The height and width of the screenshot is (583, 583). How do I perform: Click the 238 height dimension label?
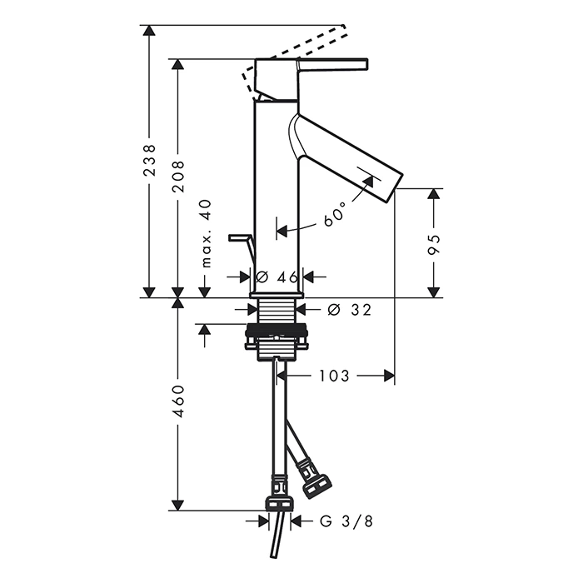point(149,160)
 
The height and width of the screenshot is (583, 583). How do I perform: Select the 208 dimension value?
point(178,177)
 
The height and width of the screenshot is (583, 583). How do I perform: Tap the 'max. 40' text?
point(206,233)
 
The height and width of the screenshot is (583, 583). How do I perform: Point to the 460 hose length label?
point(179,401)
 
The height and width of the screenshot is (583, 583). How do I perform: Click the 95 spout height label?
point(434,244)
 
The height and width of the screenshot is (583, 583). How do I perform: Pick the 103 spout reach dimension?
point(335,376)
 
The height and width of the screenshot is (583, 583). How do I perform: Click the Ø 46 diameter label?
point(277,277)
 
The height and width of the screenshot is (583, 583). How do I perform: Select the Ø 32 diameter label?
point(350,309)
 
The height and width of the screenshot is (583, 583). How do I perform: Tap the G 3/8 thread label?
point(346,521)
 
